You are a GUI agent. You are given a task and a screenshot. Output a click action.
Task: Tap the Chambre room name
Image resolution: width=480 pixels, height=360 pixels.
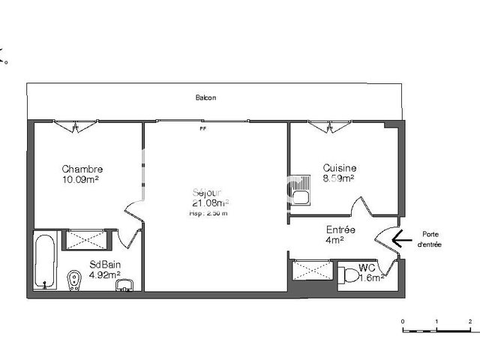[82, 169]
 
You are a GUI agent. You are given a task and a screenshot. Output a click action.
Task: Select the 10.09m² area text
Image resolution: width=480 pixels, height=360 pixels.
[82, 180]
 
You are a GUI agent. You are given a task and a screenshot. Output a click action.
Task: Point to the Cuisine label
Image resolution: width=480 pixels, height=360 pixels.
[340, 169]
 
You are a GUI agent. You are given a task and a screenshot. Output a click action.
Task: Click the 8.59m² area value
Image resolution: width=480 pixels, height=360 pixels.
[338, 179]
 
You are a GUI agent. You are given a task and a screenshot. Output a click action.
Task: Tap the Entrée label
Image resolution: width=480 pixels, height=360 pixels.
[340, 230]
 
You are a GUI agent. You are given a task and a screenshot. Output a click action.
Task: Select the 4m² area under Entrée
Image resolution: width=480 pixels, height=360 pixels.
[334, 241]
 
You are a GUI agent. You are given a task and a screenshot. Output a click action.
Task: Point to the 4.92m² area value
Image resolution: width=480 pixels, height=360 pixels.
[105, 274]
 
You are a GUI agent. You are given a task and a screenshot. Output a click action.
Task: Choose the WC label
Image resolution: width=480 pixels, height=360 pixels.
[367, 268]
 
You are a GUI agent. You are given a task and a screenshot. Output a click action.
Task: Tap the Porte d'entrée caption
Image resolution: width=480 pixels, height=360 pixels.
[430, 239]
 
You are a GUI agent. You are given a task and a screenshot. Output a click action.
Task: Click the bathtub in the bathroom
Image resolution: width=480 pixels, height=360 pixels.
[45, 262]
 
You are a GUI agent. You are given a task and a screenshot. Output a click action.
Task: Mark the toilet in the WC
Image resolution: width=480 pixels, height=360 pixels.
[349, 274]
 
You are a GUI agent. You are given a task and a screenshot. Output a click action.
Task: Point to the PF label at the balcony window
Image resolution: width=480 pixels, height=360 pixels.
[202, 128]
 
